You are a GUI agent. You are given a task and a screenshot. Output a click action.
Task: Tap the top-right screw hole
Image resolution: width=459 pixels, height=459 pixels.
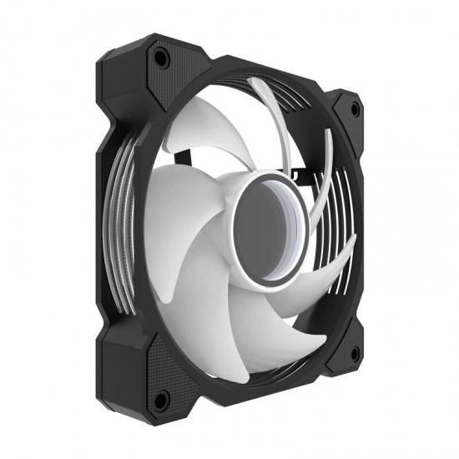(356, 109)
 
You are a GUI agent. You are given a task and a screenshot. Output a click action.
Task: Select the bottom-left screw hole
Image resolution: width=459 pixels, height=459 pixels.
(163, 396)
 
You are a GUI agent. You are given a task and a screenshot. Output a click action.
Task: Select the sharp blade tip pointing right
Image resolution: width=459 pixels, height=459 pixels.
(355, 239)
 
